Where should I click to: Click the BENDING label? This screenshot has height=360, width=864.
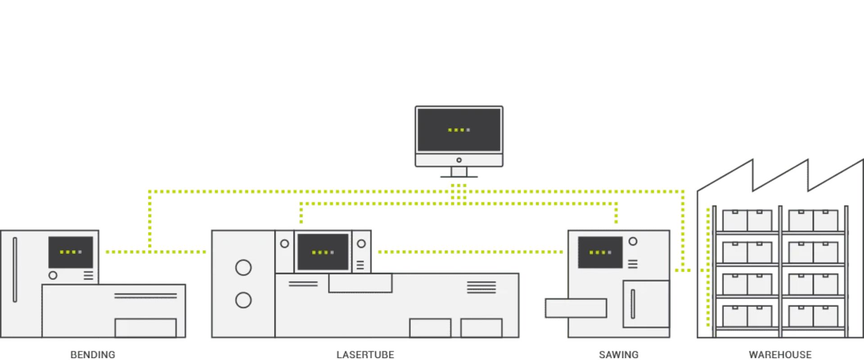pos(93,355)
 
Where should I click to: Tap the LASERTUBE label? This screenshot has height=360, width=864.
pos(365,355)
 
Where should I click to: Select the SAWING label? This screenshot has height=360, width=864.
pos(618,355)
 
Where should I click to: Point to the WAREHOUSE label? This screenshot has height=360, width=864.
pos(780,355)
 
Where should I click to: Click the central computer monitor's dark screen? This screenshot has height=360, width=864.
pos(459,130)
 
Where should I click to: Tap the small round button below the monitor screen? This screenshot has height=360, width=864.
pos(459,160)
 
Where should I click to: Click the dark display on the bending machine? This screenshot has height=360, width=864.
pos(71,252)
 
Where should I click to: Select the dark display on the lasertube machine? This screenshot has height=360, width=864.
pos(323,252)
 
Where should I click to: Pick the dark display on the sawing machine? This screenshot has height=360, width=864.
pos(600,252)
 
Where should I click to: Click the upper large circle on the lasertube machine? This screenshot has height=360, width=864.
pos(243,268)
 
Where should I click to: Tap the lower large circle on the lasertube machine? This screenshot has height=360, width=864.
pos(243,300)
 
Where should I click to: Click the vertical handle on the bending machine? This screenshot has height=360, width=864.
pos(15,270)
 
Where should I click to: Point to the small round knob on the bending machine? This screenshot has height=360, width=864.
pos(53,275)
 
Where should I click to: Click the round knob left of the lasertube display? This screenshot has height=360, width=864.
pos(284,243)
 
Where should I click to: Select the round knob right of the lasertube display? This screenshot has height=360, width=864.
pos(361,243)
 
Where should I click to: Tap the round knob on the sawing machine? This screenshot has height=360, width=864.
pos(633,241)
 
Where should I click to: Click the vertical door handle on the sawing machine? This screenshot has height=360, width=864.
pos(633,304)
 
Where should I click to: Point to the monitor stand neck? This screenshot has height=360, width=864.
pos(459,171)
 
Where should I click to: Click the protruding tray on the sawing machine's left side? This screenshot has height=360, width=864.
pos(576,308)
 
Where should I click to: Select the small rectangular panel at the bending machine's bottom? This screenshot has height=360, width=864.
pos(145,328)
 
